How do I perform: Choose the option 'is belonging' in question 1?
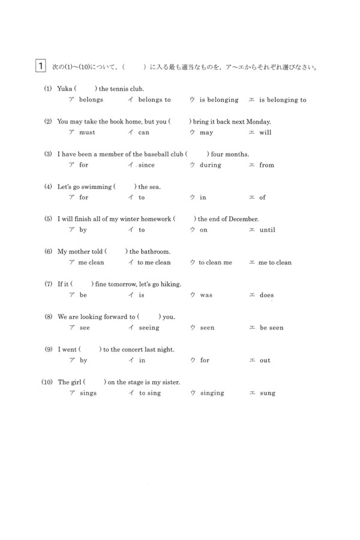click(218, 100)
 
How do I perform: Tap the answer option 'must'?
click(87, 132)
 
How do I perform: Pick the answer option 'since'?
click(146, 165)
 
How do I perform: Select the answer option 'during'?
click(210, 165)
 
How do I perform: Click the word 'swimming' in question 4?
click(97, 187)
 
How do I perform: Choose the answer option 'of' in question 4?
click(262, 197)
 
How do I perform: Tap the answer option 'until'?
click(267, 230)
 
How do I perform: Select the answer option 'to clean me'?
click(215, 262)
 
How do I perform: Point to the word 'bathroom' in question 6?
click(155, 251)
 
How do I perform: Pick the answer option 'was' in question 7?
click(206, 295)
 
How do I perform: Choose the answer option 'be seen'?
click(271, 328)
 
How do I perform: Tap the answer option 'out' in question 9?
click(265, 360)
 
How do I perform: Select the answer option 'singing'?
click(211, 393)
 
